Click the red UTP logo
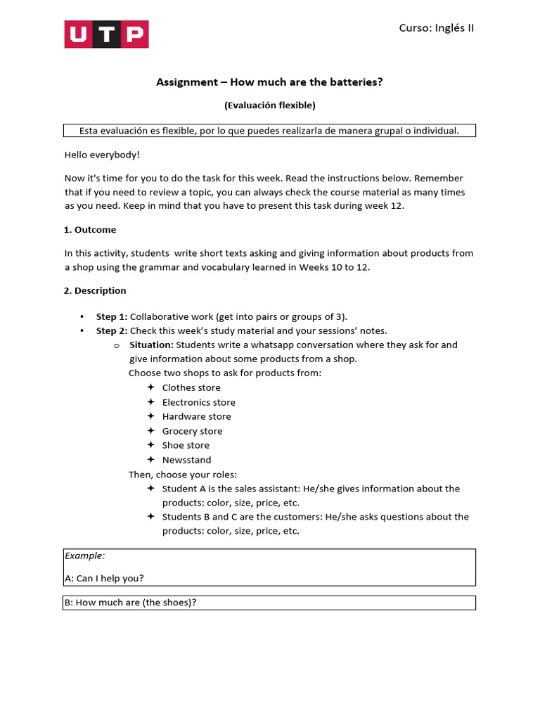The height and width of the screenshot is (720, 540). [106, 34]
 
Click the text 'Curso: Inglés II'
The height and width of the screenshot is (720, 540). [436, 28]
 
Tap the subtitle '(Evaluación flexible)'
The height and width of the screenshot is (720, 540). [270, 105]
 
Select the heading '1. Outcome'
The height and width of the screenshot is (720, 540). [90, 230]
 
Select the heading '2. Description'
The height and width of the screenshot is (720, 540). [95, 290]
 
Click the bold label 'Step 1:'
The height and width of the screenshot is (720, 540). [112, 316]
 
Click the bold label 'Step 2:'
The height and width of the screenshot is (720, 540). [112, 330]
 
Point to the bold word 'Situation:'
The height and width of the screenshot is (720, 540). [151, 345]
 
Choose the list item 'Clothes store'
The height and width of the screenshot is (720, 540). [191, 387]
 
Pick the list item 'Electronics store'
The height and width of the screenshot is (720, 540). [199, 402]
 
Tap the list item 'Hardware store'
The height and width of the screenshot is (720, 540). [196, 416]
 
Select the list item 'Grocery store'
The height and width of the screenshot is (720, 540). [192, 431]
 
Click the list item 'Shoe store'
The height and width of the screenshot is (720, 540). [186, 445]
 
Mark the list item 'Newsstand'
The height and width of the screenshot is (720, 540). [186, 460]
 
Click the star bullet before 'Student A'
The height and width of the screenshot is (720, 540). [150, 488]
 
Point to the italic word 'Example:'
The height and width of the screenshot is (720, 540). [84, 555]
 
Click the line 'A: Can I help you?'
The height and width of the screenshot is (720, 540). [104, 578]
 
